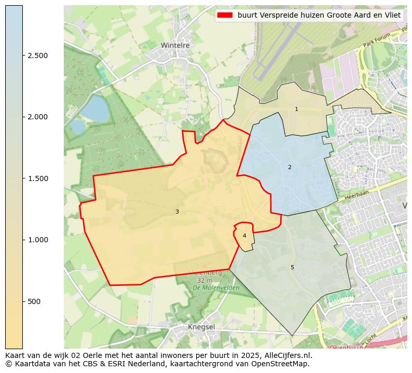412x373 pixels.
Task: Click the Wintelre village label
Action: coord(175,46)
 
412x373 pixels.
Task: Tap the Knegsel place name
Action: coord(201,327)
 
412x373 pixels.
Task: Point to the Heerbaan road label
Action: coord(355,194)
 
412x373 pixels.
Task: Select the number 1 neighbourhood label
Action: coord(296,109)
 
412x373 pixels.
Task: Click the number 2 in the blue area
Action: coord(290,167)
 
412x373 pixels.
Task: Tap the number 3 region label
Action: coord(177,212)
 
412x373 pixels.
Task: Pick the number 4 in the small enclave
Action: coord(244,236)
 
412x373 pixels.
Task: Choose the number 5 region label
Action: coord(292,267)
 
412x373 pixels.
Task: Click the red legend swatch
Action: coord(225,15)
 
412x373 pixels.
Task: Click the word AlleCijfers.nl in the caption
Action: coord(288,355)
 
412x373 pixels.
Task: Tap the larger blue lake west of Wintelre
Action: coord(94,108)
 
